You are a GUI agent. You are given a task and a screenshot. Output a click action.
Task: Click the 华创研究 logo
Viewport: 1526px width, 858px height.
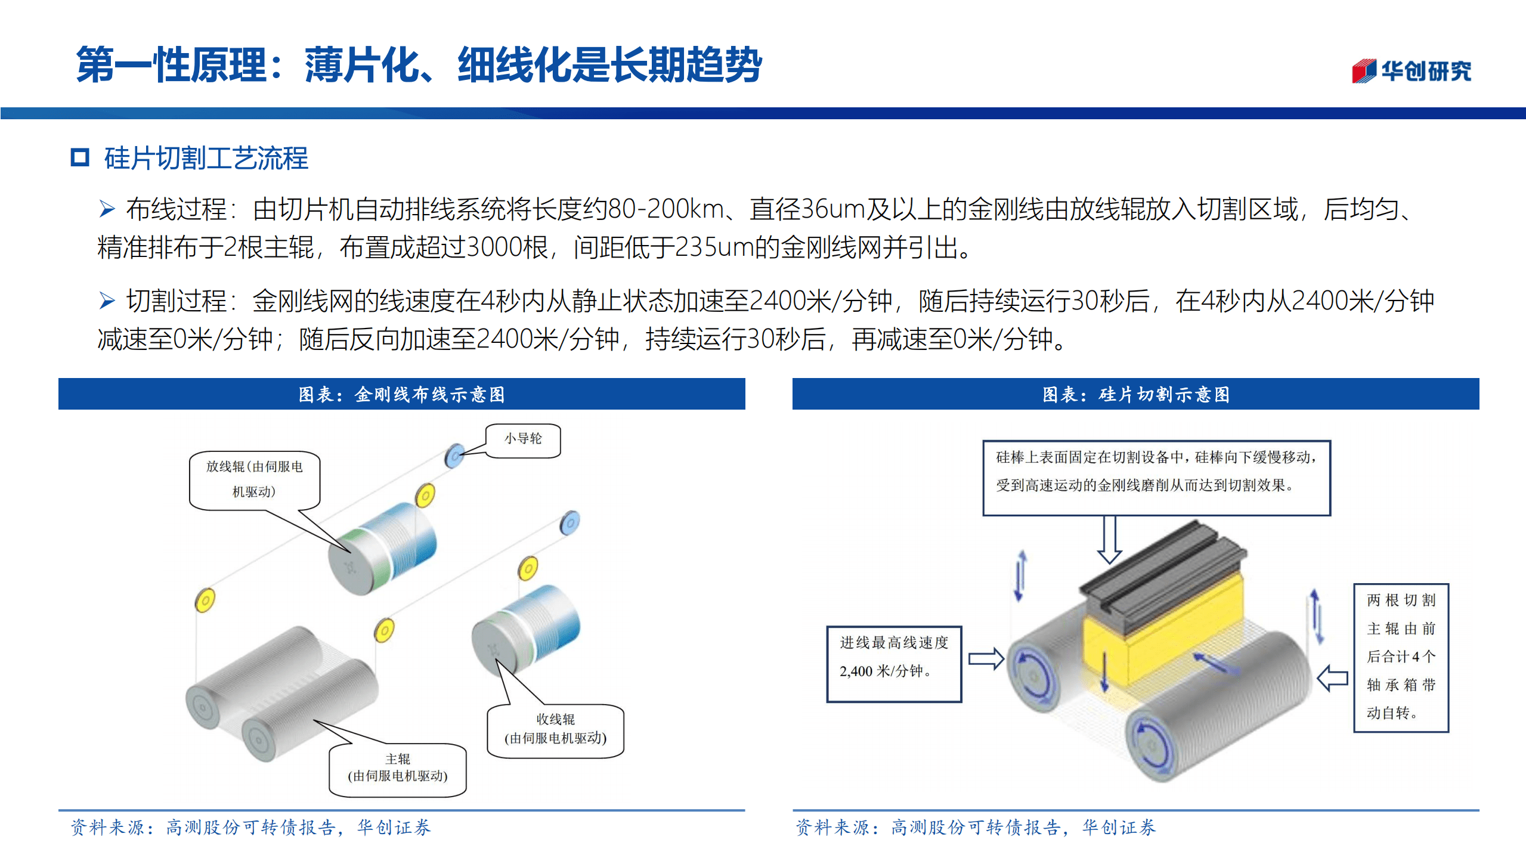pos(1411,71)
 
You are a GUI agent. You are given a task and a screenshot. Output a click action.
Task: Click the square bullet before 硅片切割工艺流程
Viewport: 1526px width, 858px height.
pos(80,157)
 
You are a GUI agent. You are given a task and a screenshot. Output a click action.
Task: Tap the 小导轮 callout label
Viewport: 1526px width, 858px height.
pos(523,439)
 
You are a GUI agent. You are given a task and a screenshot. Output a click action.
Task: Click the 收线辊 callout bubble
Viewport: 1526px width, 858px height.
pos(555,729)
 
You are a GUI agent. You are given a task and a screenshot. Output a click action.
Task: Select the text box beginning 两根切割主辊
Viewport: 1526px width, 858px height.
pos(1400,656)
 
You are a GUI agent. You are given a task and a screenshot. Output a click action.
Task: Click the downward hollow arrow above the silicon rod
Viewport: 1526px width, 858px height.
pos(1109,540)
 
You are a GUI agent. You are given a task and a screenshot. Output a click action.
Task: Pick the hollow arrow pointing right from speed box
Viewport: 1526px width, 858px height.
pos(986,658)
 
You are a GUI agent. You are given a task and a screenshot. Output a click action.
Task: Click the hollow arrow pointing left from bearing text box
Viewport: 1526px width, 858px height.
pos(1332,678)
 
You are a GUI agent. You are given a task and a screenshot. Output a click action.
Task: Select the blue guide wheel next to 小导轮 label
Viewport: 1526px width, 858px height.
pos(454,456)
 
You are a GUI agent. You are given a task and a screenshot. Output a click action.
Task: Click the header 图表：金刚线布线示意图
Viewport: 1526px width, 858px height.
pos(401,394)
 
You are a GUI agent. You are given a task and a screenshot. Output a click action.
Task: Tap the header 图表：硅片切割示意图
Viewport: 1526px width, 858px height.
pos(1135,394)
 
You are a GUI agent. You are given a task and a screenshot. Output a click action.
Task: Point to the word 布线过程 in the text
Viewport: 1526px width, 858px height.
pos(176,209)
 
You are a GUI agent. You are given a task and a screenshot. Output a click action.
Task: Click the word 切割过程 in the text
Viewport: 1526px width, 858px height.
pos(176,301)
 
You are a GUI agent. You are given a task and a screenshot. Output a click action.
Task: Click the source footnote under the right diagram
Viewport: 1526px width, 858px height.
pos(976,828)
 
